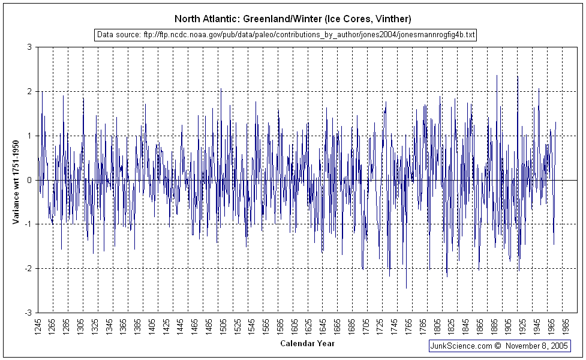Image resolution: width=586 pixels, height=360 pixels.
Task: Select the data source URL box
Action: pos(286,35)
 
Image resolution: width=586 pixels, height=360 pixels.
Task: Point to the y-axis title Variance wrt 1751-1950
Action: pos(16,180)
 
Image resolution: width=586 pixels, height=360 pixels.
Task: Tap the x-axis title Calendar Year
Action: pos(307,344)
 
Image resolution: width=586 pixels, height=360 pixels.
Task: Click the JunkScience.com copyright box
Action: pos(500,346)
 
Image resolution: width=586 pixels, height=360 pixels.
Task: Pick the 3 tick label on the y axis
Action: pos(29,47)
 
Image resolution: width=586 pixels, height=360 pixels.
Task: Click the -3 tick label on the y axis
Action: pos(28,313)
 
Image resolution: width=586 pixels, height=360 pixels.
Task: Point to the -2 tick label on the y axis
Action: pos(28,268)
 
